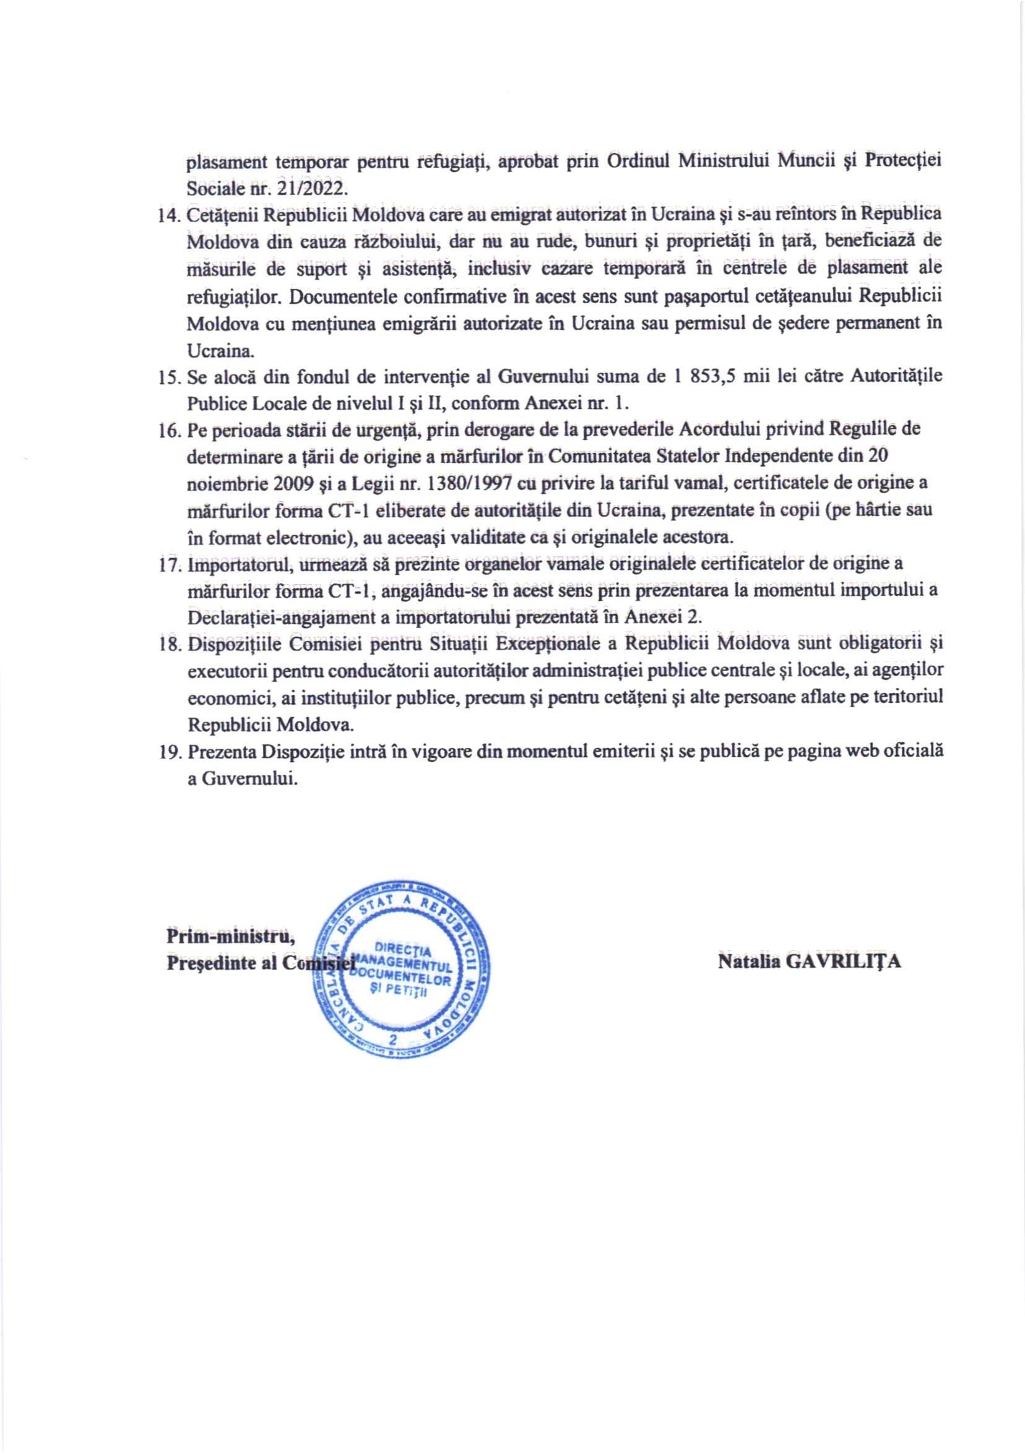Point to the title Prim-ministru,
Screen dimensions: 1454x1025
point(230,936)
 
